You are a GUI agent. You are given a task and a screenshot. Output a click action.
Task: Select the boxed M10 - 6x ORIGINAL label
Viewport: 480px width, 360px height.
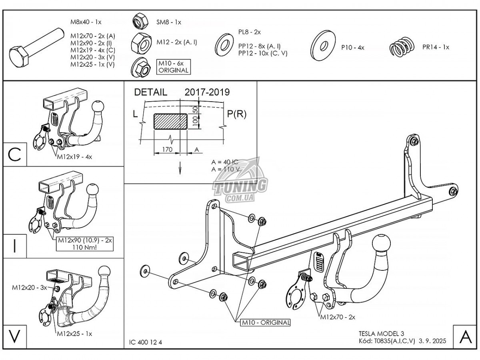tap(173, 67)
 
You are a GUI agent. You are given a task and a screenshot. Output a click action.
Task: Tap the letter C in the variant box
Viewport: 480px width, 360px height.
tap(15, 154)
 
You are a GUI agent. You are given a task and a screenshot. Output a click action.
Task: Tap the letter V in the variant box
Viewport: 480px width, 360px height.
tap(15, 336)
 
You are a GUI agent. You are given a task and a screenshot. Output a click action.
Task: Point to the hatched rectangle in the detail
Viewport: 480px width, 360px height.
tap(170, 120)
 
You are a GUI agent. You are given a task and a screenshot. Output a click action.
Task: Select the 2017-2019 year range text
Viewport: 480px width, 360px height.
tap(207, 92)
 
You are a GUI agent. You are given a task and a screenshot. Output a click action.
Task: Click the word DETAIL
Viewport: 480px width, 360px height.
tap(150, 92)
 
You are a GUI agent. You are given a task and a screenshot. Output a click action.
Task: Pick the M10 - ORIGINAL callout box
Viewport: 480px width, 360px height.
tap(265, 322)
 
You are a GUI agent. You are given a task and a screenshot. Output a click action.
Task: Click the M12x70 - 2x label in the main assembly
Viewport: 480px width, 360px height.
tap(337, 317)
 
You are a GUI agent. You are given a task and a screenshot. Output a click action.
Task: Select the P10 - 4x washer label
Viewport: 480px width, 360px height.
tap(352, 48)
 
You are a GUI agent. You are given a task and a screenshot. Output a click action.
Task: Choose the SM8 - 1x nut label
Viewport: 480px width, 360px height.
tap(168, 22)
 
